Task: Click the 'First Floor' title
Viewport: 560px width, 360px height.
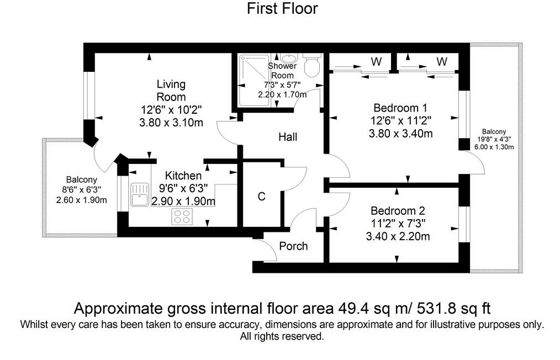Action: pos(282,9)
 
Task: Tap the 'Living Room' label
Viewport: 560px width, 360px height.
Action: pos(171,91)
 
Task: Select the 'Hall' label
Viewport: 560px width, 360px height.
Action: pos(287,136)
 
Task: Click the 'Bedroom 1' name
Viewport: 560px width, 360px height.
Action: pos(400,107)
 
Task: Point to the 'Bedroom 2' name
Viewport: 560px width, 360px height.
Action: pos(398,211)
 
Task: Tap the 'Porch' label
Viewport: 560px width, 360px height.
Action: pos(293,246)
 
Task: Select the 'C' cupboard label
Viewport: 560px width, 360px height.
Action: pos(262,196)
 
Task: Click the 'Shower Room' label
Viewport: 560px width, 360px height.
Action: pos(282,71)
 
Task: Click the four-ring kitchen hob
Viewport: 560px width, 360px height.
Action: pos(183,216)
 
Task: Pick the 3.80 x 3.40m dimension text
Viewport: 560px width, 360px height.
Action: pos(400,133)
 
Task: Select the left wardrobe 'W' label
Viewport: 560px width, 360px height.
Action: pos(376,62)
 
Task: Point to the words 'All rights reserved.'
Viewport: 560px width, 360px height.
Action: pos(282,336)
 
